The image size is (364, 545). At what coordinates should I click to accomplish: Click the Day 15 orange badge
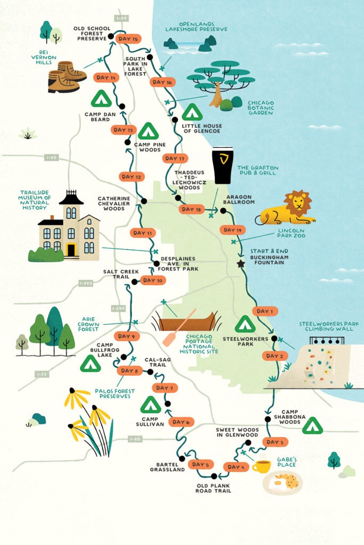tap(128, 39)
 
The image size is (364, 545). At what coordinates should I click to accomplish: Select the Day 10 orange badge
tap(153, 280)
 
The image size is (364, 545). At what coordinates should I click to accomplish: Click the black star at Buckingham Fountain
tap(241, 263)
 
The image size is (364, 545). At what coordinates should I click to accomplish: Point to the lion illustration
tap(287, 209)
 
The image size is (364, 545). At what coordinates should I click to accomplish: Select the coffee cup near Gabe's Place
tap(261, 467)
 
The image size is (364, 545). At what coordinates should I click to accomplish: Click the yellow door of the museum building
tap(71, 250)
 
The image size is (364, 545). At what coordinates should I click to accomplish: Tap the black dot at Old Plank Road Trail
tap(214, 476)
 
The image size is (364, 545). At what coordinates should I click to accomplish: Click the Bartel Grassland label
tap(167, 466)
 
